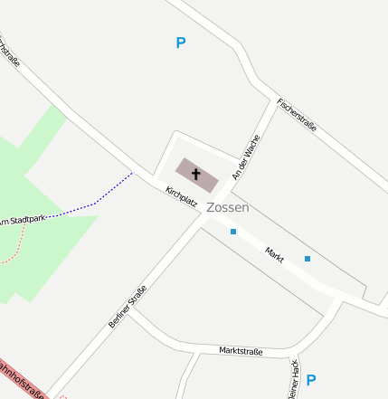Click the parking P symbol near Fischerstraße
(x=180, y=43)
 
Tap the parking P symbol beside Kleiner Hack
(x=311, y=380)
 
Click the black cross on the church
(x=196, y=173)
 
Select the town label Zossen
(x=227, y=207)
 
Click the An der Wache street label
(x=246, y=157)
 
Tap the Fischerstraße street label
(x=297, y=115)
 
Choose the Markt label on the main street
(x=275, y=254)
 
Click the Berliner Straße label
(x=128, y=306)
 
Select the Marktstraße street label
(x=241, y=351)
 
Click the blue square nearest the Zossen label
(x=233, y=232)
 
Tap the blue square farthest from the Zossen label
(x=308, y=259)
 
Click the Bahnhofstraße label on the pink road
(x=20, y=379)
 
